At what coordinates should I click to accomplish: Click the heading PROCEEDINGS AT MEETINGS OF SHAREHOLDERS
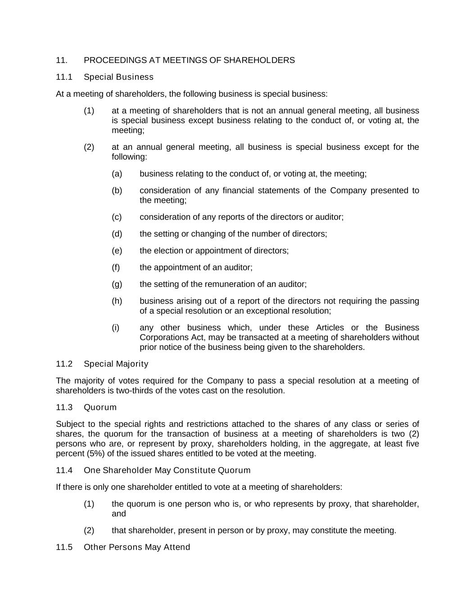coord(189,60)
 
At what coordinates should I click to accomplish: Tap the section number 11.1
coord(64,77)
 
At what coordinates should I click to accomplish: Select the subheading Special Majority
coord(116,364)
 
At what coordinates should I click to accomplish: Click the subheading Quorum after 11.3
coord(100,408)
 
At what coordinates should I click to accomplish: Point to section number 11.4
coord(64,471)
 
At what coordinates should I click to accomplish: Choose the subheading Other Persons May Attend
coord(137,547)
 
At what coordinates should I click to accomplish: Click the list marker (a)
coord(117,174)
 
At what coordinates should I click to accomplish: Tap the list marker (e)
coord(117,251)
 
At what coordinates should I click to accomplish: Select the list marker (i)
coord(116,327)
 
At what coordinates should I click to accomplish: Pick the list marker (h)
coord(117,301)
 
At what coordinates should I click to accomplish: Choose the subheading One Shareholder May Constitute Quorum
coord(167,471)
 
